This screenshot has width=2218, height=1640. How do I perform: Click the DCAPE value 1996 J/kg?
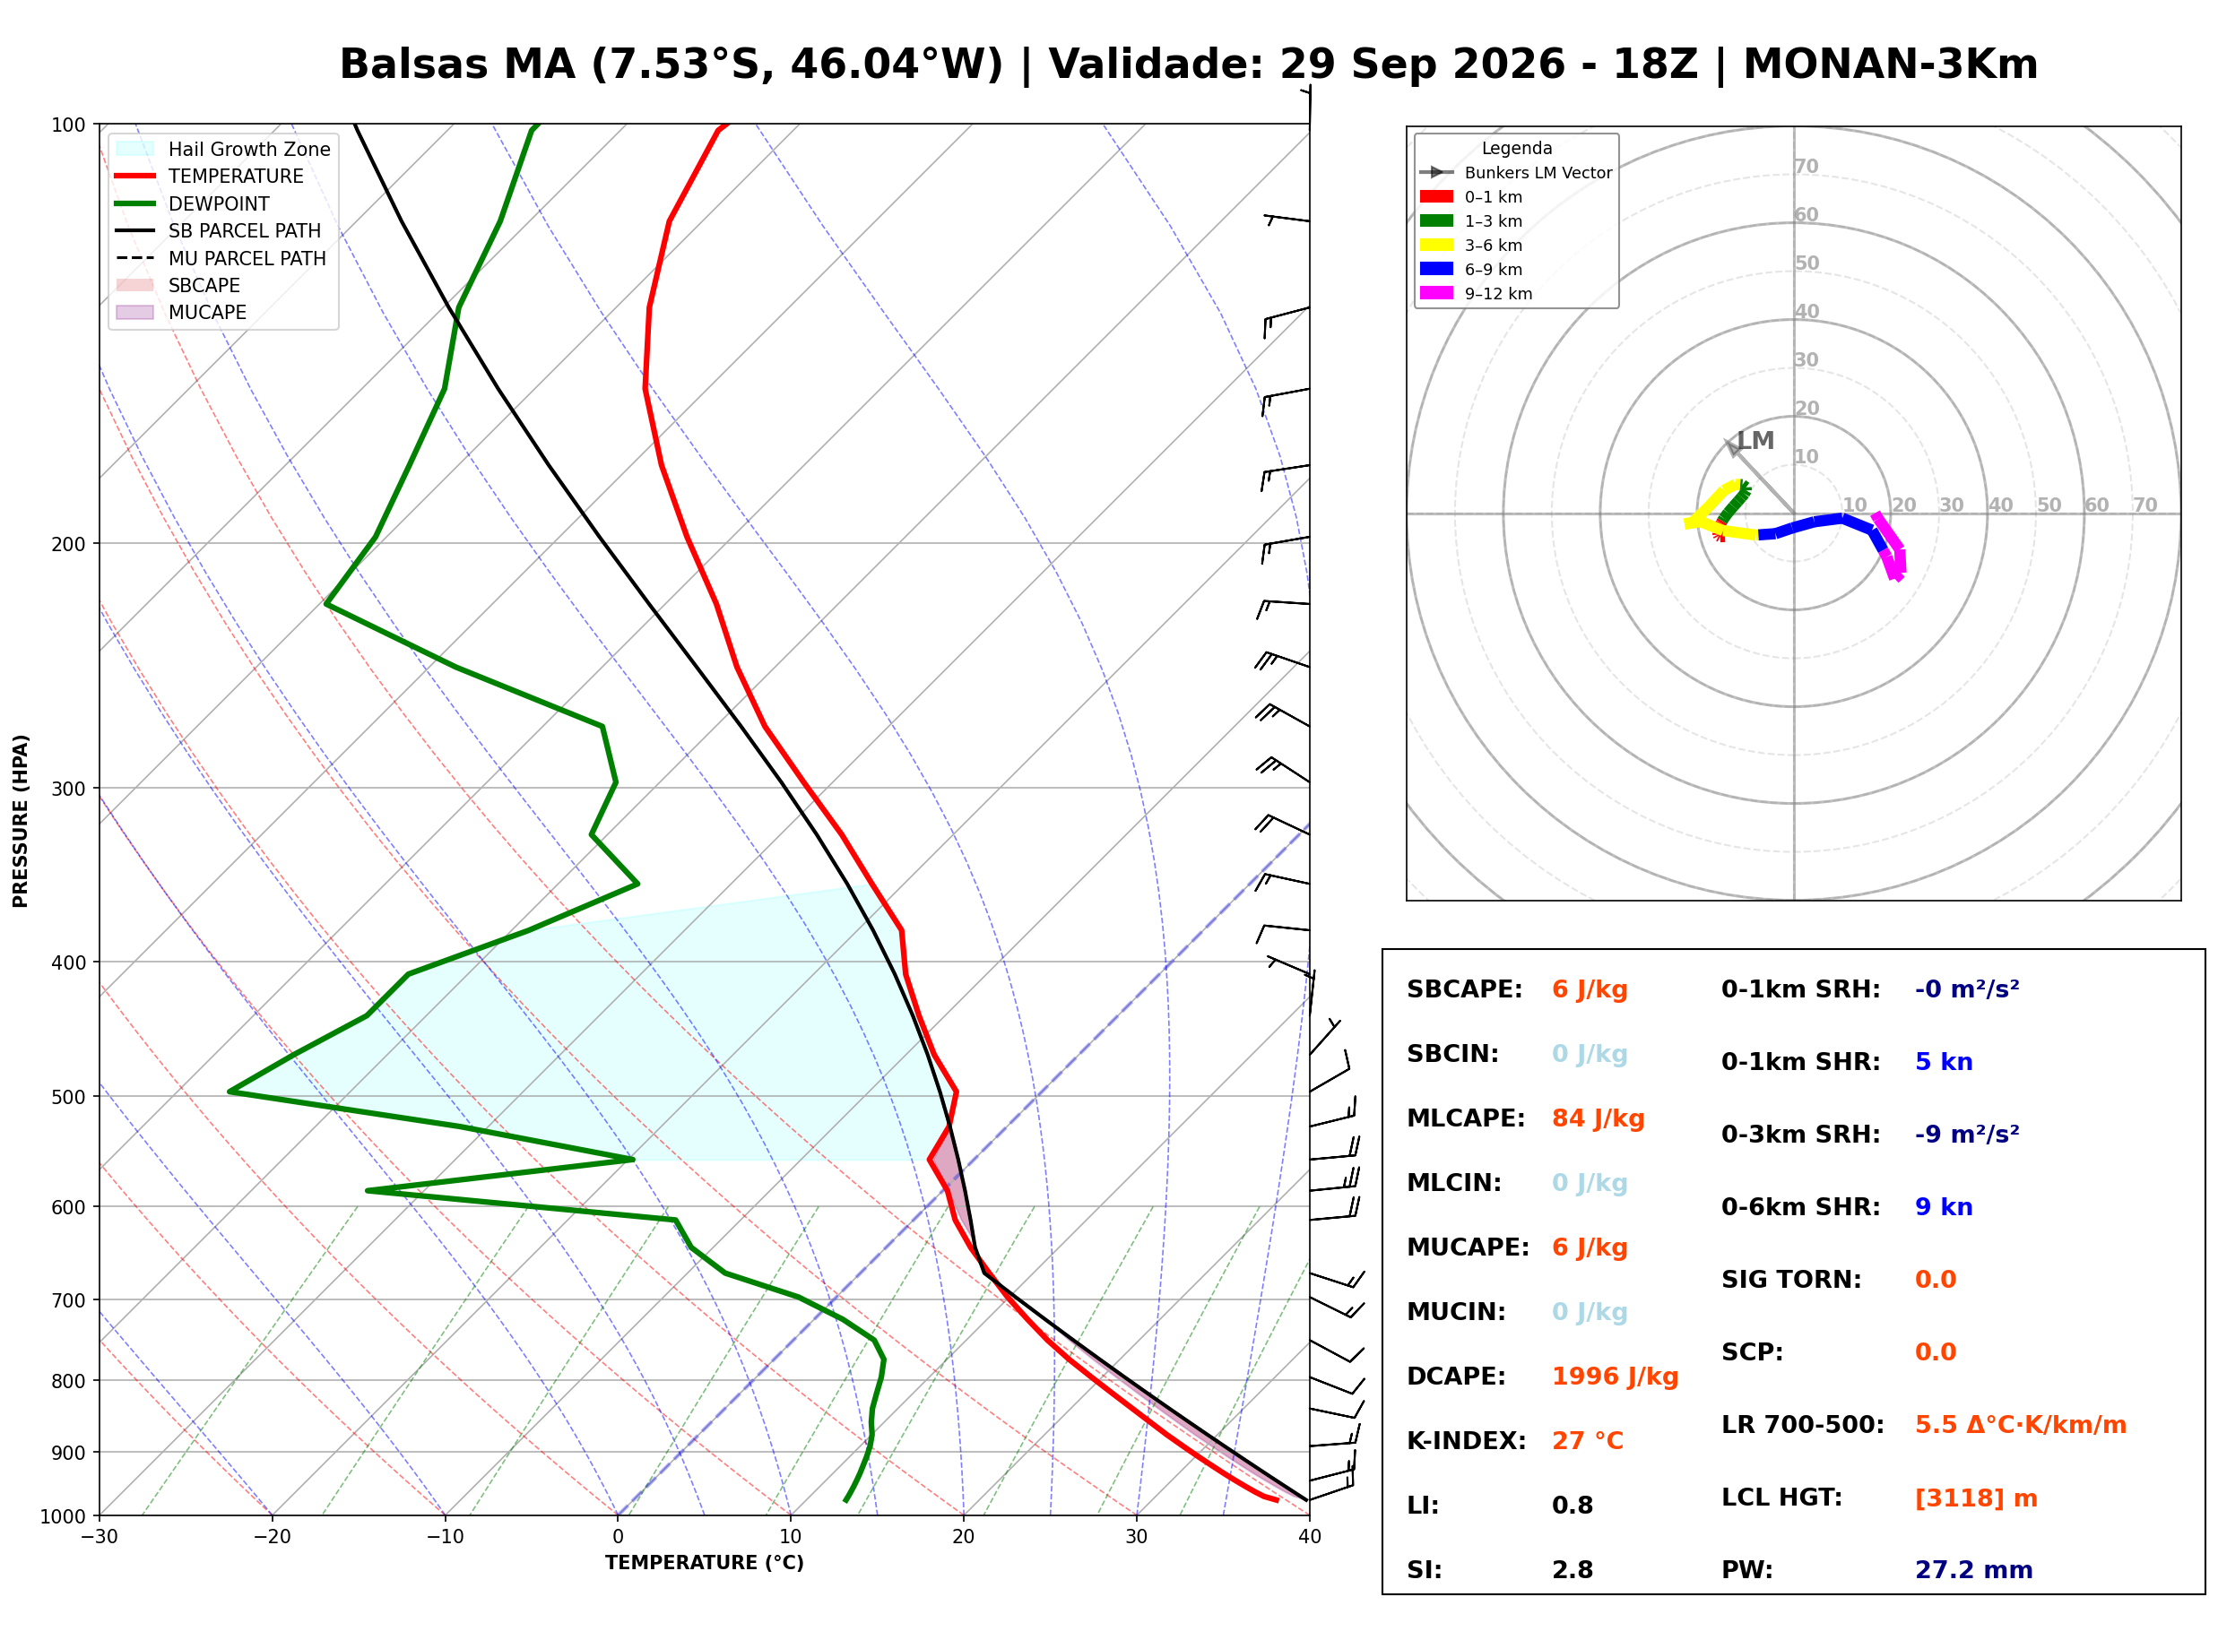click(x=1615, y=1377)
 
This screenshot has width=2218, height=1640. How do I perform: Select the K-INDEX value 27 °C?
click(x=1588, y=1441)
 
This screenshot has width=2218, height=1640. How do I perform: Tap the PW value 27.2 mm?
click(x=1974, y=1570)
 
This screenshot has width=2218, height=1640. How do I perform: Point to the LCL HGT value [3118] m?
click(x=1976, y=1499)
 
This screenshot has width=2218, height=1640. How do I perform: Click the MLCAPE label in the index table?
click(x=1466, y=1118)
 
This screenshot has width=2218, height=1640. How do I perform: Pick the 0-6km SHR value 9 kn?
click(x=1943, y=1208)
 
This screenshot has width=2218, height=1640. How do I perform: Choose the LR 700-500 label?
click(x=1802, y=1426)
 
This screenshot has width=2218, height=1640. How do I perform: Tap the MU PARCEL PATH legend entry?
click(x=221, y=258)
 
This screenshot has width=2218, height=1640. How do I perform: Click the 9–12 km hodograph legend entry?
click(x=1477, y=294)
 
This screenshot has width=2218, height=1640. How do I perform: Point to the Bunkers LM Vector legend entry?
click(x=1516, y=173)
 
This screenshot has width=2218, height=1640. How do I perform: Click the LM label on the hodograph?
click(x=1755, y=441)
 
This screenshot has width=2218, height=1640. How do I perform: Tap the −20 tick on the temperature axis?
click(x=272, y=1537)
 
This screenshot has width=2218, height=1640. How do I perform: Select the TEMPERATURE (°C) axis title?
click(x=705, y=1563)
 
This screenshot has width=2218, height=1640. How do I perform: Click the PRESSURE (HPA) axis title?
click(x=21, y=821)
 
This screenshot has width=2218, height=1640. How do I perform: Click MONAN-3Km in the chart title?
click(x=1891, y=64)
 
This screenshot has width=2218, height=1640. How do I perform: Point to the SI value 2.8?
click(x=1573, y=1570)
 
